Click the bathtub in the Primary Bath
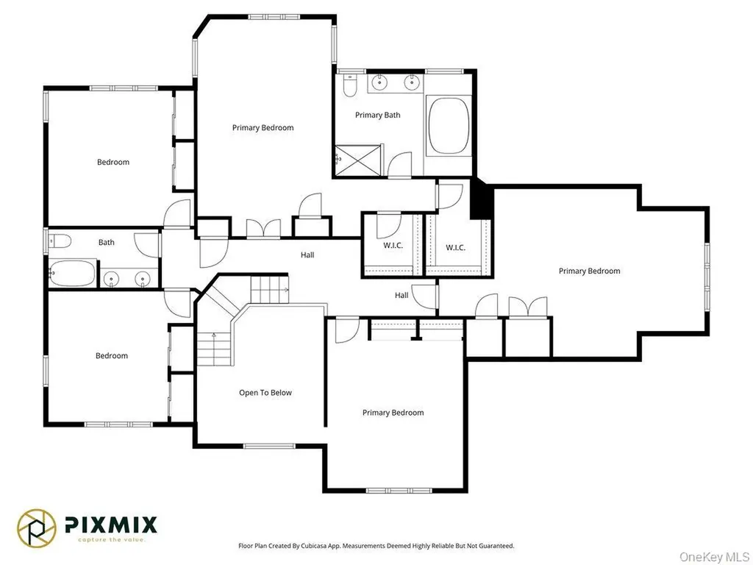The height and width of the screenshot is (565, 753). (449, 125)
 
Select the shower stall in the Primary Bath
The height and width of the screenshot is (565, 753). (358, 160)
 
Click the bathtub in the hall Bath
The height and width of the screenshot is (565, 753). (72, 273)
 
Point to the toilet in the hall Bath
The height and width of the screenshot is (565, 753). (60, 241)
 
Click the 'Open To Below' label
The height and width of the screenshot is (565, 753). (265, 393)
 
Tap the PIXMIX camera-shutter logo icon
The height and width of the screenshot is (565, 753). (37, 528)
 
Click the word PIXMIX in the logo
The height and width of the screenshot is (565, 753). (111, 524)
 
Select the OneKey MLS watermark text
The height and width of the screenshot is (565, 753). (714, 556)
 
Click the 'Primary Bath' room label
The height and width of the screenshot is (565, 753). (377, 115)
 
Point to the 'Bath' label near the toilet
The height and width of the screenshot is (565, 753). (106, 242)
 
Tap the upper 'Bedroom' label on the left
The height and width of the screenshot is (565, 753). (113, 162)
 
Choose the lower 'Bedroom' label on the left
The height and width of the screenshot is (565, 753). (112, 355)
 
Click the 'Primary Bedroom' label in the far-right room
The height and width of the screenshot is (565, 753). (589, 271)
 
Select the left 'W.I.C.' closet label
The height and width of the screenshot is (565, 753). (393, 246)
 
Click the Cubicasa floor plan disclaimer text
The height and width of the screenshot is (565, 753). (376, 546)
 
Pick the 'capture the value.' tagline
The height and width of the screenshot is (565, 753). (112, 539)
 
